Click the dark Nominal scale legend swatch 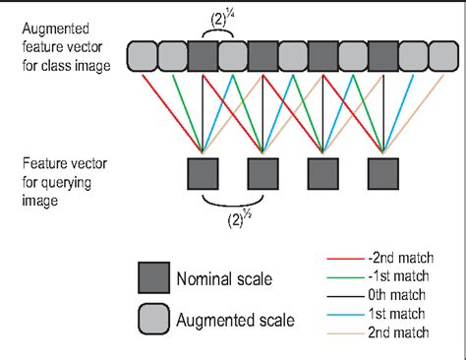point(151,279)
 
